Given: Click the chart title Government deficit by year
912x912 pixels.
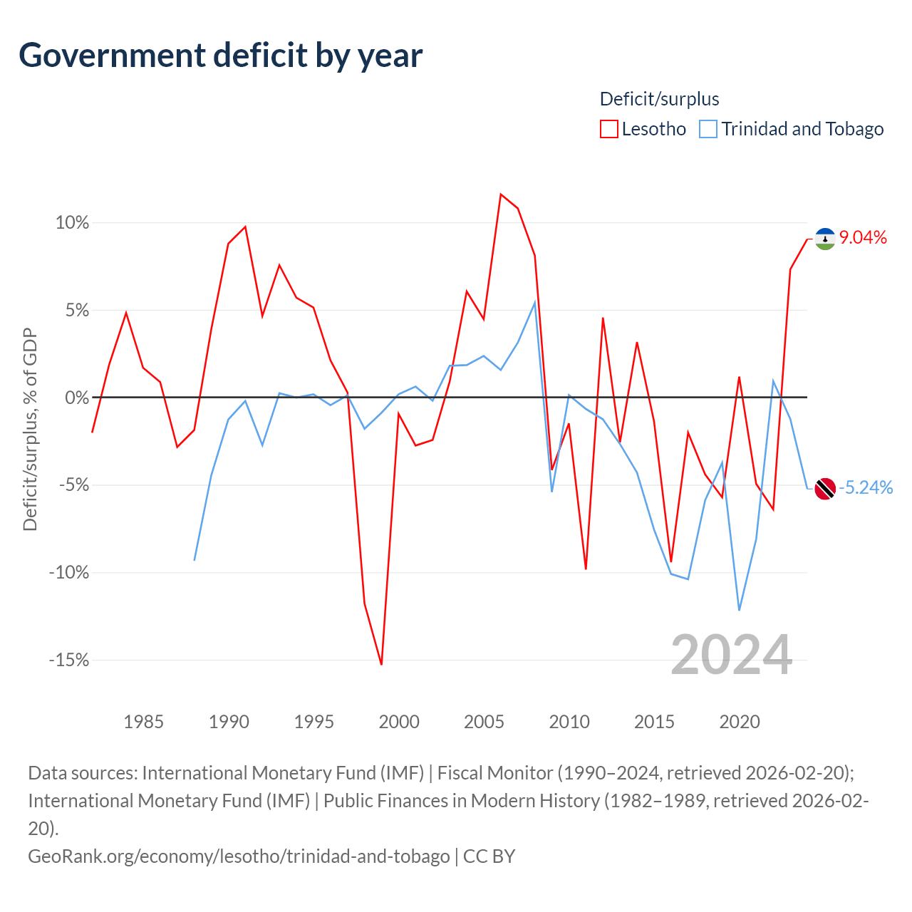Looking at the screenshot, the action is point(220,56).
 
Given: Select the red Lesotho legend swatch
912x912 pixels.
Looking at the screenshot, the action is point(608,129).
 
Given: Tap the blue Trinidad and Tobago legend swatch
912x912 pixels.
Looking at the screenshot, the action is point(708,129).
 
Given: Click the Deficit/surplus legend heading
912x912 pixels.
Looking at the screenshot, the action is point(659,99).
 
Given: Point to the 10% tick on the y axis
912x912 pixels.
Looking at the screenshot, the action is point(72,222).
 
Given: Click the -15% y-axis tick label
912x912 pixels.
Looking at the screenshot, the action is point(69,660).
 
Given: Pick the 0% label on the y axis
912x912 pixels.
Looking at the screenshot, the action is point(77,398).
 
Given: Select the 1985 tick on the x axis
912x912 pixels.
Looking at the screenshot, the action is point(143,722).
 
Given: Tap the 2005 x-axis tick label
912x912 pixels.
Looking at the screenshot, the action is point(484,722).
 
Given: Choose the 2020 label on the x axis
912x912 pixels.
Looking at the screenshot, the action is point(740,722).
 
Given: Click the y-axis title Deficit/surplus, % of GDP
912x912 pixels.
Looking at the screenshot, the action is point(31,429).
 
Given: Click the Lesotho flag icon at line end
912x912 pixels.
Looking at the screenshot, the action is point(825,239).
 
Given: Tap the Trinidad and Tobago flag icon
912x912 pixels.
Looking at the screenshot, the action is point(825,489).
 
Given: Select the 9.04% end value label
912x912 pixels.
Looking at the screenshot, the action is point(863,237).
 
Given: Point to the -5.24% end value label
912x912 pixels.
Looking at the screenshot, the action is point(866,487).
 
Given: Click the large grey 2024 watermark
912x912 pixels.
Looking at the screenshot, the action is point(731,655).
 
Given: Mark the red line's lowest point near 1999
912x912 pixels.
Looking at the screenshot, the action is point(381,665).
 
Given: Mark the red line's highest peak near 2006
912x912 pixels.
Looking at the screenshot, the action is point(501,194).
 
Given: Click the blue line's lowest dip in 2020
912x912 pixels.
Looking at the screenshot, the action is point(740,610).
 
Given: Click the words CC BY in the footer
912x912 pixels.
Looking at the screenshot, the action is point(489,856).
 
